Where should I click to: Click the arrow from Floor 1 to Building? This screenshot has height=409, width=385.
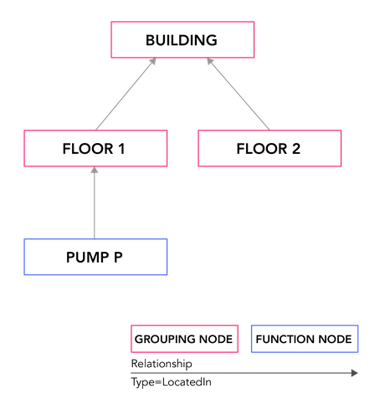click(x=126, y=94)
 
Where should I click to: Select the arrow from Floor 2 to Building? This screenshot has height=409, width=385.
click(x=239, y=94)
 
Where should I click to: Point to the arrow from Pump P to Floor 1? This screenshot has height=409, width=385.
click(x=95, y=202)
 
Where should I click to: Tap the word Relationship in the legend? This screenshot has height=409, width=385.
click(x=162, y=364)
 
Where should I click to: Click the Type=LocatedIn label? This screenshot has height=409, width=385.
click(x=171, y=382)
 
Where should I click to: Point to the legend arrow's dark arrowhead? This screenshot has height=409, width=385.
click(x=355, y=373)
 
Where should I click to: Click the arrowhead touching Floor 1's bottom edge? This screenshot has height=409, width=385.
click(x=95, y=170)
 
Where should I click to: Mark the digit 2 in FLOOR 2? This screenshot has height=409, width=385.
click(x=296, y=149)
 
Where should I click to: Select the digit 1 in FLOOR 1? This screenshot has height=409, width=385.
click(x=121, y=149)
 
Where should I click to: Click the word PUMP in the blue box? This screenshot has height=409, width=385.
click(x=87, y=257)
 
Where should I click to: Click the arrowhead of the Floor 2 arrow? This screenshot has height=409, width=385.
click(x=210, y=61)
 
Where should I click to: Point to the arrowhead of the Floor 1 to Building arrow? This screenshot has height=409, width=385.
click(x=153, y=61)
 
